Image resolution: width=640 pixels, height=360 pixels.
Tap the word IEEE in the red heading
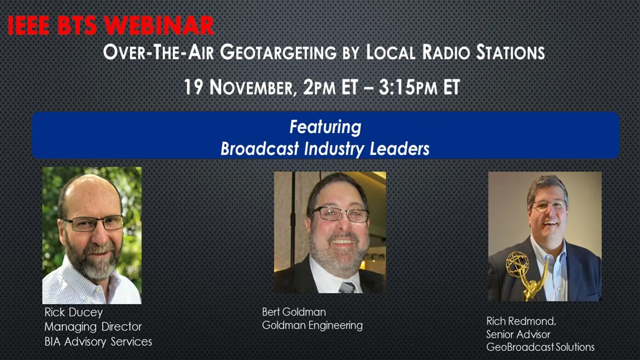(29, 26)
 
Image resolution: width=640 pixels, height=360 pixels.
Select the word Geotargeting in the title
(278, 52)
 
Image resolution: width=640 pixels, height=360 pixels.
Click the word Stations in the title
(510, 52)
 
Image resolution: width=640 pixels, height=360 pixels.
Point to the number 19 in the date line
(193, 87)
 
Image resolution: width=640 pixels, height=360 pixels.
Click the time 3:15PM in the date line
(408, 87)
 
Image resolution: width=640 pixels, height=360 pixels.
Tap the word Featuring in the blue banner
(325, 127)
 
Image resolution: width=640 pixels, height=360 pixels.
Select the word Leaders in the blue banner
(400, 149)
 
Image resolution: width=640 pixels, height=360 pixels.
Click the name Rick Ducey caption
(74, 313)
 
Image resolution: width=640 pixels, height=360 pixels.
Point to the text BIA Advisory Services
(98, 342)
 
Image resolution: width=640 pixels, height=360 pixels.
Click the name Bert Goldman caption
(294, 312)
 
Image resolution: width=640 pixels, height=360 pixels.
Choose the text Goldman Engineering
(312, 325)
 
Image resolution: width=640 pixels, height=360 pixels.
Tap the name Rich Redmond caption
(521, 321)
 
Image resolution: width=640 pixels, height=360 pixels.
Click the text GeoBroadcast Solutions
(540, 347)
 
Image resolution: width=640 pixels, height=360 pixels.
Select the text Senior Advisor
(518, 334)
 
